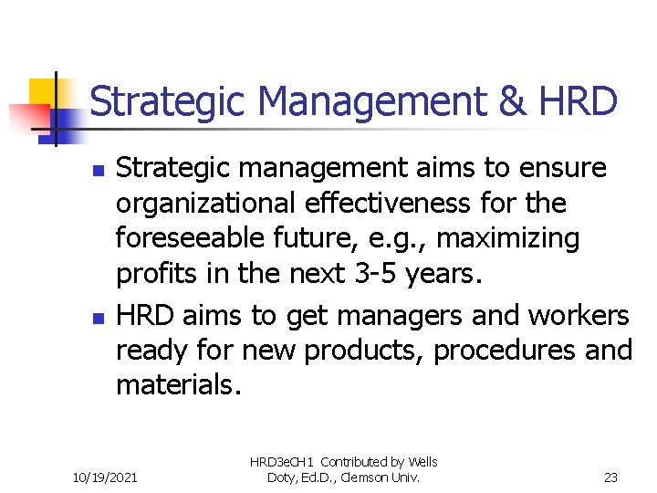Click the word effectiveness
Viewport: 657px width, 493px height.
click(x=398, y=204)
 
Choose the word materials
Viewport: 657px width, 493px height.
click(x=179, y=386)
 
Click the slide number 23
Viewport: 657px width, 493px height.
click(x=611, y=476)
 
